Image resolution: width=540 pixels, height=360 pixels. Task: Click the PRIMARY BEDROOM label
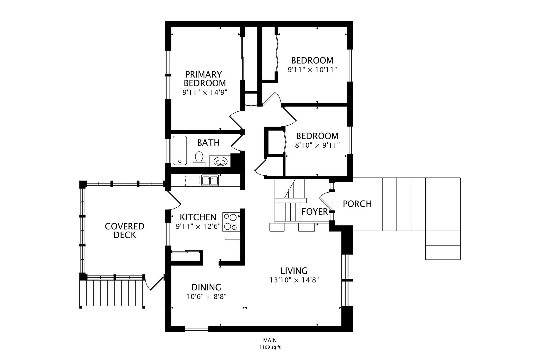click(205, 79)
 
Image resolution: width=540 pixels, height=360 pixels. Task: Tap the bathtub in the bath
click(180, 150)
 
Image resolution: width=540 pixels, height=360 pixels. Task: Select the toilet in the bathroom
click(199, 159)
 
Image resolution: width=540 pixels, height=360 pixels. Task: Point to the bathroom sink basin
click(220, 161)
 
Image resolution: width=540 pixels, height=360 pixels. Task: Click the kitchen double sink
click(210, 180)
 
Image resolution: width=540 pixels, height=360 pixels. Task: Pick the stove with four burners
click(231, 222)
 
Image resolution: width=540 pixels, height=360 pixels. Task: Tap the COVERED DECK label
click(125, 231)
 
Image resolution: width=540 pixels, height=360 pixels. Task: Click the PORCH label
click(357, 204)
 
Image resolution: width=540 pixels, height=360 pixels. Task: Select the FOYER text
click(315, 212)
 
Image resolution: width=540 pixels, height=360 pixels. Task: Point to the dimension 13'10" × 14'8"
click(294, 280)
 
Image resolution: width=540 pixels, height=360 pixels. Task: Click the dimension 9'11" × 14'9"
click(205, 92)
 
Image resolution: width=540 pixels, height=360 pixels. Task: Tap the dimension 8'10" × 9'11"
click(317, 145)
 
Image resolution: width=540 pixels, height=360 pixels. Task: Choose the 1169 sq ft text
click(270, 347)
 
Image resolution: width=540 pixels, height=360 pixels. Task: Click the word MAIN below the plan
click(270, 340)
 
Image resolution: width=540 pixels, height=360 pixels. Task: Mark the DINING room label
click(206, 287)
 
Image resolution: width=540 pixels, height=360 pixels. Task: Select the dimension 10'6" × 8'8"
click(206, 296)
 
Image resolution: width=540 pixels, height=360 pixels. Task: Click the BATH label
click(208, 143)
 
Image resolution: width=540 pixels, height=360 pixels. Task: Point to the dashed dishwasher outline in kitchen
click(192, 181)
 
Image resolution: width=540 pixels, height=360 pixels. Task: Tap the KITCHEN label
click(198, 217)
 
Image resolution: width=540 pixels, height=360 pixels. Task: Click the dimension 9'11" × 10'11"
click(312, 70)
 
